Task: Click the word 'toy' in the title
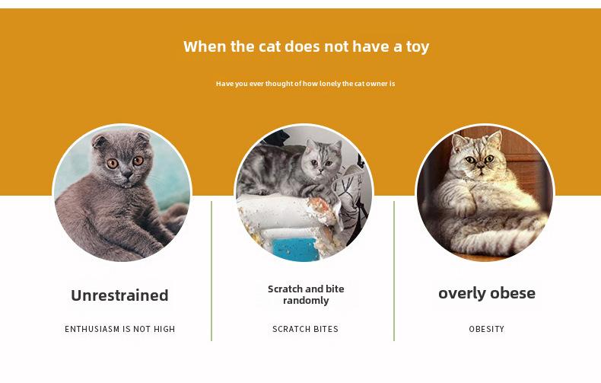(x=418, y=46)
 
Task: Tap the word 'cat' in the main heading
(x=270, y=46)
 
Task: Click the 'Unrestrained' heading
(x=119, y=295)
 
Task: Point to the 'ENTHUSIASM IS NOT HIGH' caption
(x=120, y=329)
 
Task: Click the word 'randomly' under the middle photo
(x=306, y=301)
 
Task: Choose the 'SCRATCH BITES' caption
(x=306, y=329)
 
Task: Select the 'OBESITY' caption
(x=487, y=329)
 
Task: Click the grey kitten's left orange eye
(x=113, y=164)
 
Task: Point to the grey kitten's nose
(x=127, y=175)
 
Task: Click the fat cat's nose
(x=481, y=165)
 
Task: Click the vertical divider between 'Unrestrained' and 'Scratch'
(x=211, y=271)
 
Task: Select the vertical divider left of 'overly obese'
(x=393, y=271)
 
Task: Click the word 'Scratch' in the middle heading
(x=285, y=289)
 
